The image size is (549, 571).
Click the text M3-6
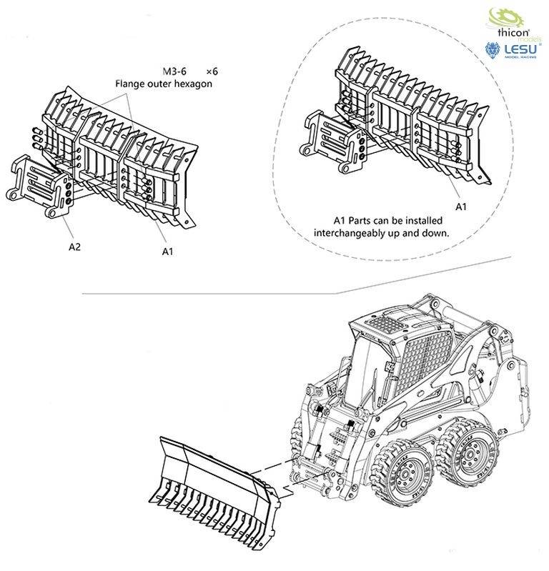(x=174, y=71)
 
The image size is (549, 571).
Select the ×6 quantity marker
(x=211, y=71)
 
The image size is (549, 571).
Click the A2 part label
(x=74, y=247)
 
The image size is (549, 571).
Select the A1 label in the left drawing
(x=168, y=251)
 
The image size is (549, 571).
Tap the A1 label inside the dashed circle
(x=461, y=207)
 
